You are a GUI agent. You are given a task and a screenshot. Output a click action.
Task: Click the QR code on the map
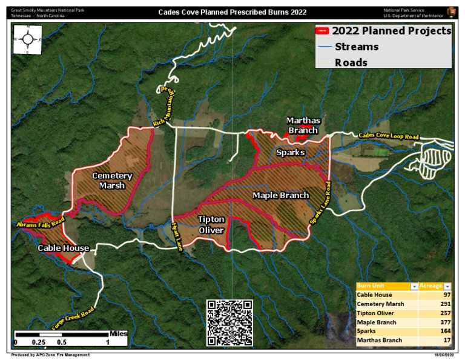229,322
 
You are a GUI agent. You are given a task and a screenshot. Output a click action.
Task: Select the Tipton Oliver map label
211,224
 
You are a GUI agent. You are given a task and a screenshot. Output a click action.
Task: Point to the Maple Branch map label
280,195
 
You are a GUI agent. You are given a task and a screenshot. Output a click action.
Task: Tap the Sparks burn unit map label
290,152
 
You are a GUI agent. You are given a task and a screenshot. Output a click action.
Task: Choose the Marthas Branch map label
303,125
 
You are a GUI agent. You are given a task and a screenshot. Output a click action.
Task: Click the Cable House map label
64,248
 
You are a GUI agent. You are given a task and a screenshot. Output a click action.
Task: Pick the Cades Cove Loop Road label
388,136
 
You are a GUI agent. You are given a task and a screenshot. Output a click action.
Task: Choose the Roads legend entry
351,62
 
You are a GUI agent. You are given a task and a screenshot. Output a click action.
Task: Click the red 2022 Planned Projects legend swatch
323,31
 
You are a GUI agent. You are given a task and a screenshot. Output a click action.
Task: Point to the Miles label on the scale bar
118,333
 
